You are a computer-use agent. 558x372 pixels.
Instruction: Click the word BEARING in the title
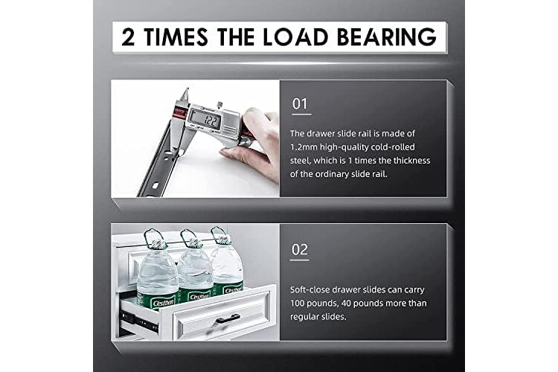[x=386, y=37]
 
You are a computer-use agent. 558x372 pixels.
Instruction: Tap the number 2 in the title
[x=128, y=37]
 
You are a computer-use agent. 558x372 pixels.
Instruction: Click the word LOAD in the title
[x=295, y=37]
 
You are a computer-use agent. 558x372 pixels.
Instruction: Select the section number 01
[x=300, y=104]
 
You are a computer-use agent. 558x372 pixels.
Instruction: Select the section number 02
[x=300, y=249]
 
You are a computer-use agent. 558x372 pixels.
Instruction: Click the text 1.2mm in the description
[x=304, y=147]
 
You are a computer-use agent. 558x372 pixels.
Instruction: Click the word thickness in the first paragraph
[x=411, y=161]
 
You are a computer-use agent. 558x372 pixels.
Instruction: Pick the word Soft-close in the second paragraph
[x=310, y=289]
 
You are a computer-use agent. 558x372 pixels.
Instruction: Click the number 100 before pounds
[x=297, y=304]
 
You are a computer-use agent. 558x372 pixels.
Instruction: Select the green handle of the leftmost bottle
[x=155, y=238]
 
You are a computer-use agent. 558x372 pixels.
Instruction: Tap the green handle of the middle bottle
[x=190, y=237]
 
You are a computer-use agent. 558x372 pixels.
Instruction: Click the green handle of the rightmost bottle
[x=219, y=235]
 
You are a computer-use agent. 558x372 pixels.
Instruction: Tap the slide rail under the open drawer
[x=140, y=320]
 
